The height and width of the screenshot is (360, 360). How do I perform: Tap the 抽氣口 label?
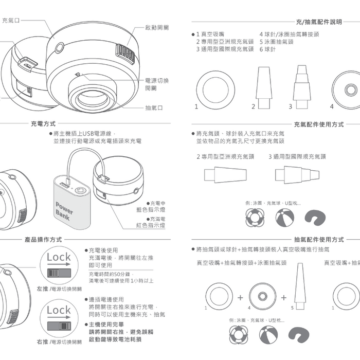[154, 108]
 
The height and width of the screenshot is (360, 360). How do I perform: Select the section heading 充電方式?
[43, 124]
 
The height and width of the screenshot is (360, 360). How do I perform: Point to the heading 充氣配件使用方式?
[319, 124]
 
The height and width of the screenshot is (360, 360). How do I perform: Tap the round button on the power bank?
[80, 190]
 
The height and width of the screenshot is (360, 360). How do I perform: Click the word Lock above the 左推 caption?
[59, 256]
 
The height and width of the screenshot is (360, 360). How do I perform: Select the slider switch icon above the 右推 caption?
[59, 326]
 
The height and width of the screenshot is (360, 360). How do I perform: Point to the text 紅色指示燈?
[150, 225]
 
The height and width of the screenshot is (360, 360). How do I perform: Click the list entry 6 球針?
[267, 49]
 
